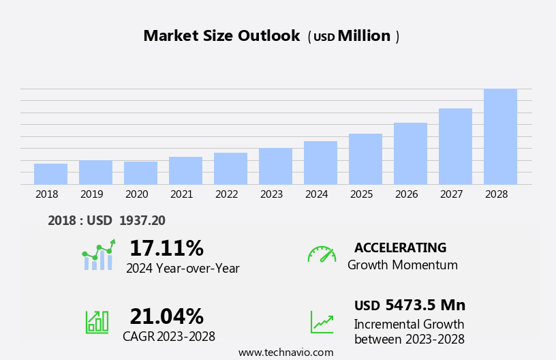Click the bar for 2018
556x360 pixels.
[50, 174]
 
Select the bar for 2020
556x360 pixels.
[140, 173]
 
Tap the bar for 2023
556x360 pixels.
[275, 166]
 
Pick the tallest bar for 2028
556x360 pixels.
[500, 136]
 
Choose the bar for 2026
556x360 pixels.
[410, 153]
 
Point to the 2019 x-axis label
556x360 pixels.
[92, 194]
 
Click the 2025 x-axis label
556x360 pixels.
[362, 194]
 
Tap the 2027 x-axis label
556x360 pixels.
[452, 194]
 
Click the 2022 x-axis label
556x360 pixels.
[227, 194]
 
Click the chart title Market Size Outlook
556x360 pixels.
[221, 36]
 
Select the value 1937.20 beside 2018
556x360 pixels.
[142, 220]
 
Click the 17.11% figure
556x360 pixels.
[166, 248]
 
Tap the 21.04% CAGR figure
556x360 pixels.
[166, 316]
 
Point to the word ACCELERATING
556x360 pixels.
[400, 247]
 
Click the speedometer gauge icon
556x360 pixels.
[322, 254]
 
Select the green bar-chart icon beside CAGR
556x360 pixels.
[97, 321]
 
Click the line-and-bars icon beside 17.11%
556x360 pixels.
[98, 256]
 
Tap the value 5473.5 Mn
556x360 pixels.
[425, 305]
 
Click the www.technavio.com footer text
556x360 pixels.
[285, 352]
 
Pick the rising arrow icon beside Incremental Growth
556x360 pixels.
[322, 321]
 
